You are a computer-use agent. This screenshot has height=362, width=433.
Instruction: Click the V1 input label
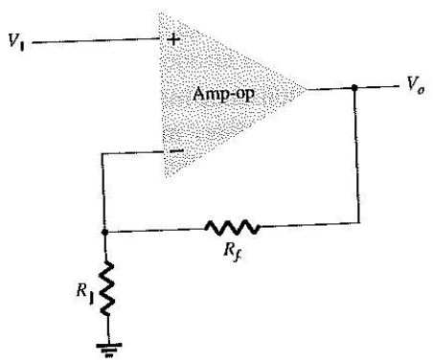[x=16, y=41]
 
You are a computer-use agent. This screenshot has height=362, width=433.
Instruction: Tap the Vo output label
[x=416, y=85]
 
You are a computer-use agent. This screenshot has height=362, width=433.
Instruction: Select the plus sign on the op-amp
[x=173, y=40]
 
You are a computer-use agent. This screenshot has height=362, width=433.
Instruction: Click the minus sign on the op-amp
[x=176, y=150]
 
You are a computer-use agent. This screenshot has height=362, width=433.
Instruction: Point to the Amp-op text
[x=223, y=94]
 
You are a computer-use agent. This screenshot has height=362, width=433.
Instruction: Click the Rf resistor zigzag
[x=232, y=227]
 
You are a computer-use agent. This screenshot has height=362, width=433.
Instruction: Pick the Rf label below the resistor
[x=233, y=252]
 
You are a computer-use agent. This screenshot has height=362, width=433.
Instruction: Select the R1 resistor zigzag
[x=107, y=288]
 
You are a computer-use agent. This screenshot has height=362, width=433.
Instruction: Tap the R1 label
[x=85, y=292]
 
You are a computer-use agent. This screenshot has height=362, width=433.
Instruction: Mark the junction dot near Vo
[x=353, y=87]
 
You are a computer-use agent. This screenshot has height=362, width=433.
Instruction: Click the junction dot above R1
[x=104, y=232]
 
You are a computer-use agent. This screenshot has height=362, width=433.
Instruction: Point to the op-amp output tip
[x=305, y=89]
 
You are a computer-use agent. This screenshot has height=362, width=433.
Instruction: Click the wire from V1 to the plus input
[x=96, y=40]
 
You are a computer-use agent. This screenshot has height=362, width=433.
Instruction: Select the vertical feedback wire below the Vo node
[x=356, y=155]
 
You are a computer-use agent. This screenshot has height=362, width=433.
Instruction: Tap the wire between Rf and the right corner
[x=309, y=224]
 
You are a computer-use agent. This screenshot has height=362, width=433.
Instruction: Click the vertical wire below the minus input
[x=103, y=192]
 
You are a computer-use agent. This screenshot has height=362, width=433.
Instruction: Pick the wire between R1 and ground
[x=108, y=329]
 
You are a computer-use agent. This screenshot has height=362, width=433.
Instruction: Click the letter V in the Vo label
[x=412, y=83]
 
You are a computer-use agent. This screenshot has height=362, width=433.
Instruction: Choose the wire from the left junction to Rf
[x=155, y=230]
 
